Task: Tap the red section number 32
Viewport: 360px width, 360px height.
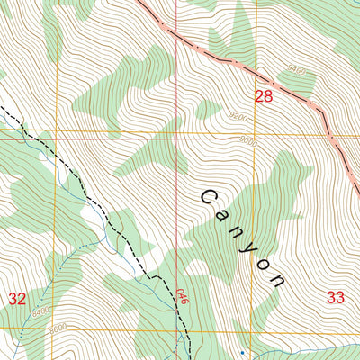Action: (x=17, y=298)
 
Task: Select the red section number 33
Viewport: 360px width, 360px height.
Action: (x=336, y=296)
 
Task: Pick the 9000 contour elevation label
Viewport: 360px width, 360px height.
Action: (x=248, y=141)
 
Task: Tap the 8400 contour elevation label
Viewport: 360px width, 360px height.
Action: (x=39, y=310)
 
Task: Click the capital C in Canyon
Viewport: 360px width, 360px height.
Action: (x=210, y=197)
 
